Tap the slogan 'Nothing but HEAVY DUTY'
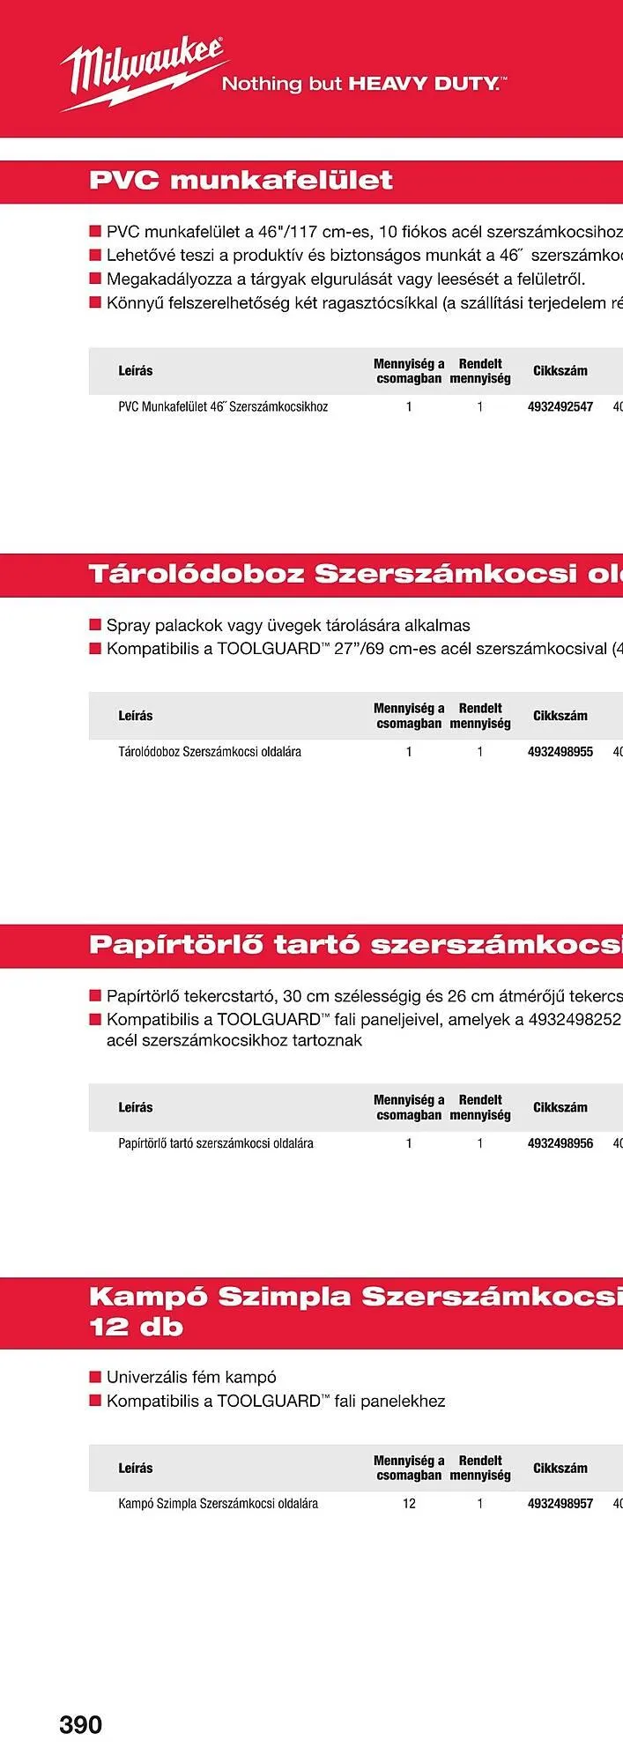pyautogui.click(x=363, y=85)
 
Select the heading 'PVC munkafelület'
pyautogui.click(x=241, y=181)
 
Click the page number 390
pyautogui.click(x=81, y=1724)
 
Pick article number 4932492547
pyautogui.click(x=560, y=407)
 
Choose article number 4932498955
pyautogui.click(x=560, y=752)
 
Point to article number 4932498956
pyautogui.click(x=560, y=1143)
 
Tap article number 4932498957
pyautogui.click(x=560, y=1504)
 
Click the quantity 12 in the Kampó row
pyautogui.click(x=409, y=1504)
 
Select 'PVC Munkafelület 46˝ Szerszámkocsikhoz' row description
pyautogui.click(x=223, y=407)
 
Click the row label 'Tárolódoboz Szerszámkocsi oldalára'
pyautogui.click(x=210, y=752)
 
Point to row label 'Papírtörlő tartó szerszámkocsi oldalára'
pyautogui.click(x=216, y=1143)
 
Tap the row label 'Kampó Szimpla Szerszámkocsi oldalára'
pyautogui.click(x=218, y=1504)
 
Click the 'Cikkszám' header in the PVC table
pyautogui.click(x=560, y=371)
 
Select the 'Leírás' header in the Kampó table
pyautogui.click(x=136, y=1468)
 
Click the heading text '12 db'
pyautogui.click(x=136, y=1328)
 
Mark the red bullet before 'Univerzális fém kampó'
pyautogui.click(x=95, y=1377)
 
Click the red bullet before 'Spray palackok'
pyautogui.click(x=95, y=625)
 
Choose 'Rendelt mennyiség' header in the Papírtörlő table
pyautogui.click(x=480, y=1107)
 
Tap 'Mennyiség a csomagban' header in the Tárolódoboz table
pyautogui.click(x=409, y=716)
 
